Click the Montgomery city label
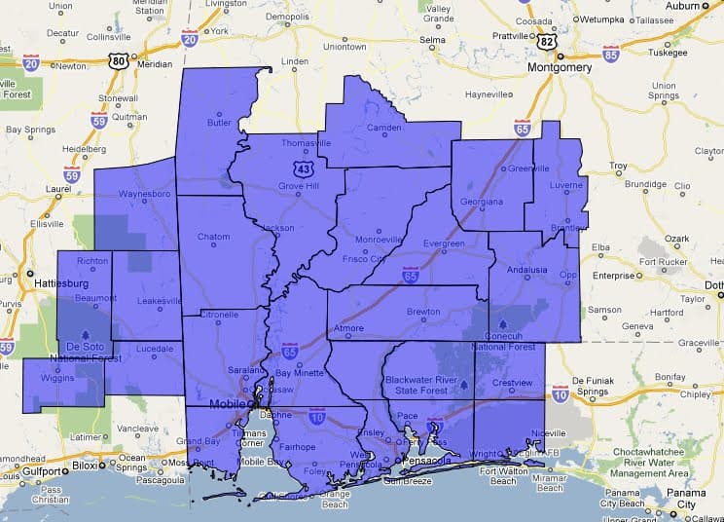coord(560,69)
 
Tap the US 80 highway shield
coord(120,60)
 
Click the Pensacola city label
coord(423,459)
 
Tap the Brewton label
coord(424,312)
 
